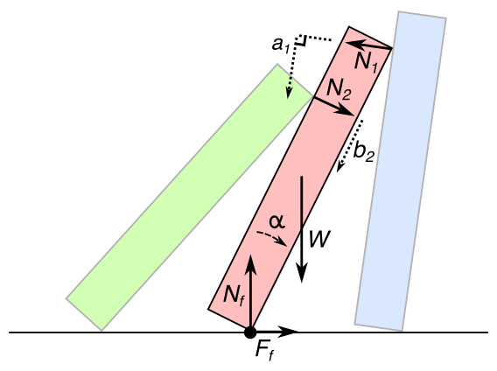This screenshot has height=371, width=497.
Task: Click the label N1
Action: coord(367,62)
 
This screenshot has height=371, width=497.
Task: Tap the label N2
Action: coord(339,89)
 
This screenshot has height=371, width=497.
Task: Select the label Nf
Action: coord(234,296)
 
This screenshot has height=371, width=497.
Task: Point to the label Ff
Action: coord(263,351)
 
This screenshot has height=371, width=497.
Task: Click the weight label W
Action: coord(319,239)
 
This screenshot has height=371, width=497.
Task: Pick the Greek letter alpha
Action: coord(276,221)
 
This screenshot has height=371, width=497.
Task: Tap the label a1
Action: coord(281,45)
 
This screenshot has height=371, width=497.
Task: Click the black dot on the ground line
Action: coord(250,332)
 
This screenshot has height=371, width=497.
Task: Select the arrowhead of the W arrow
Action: coord(302,273)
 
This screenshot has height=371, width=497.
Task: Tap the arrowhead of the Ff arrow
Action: coord(289,332)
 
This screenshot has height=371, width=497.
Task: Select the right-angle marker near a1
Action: coord(302,40)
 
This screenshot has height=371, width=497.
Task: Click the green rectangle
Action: coord(190,197)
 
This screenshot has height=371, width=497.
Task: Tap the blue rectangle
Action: coord(401,171)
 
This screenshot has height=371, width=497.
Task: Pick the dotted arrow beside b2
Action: coord(350,146)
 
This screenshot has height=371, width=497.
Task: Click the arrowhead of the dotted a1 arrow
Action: coord(289,92)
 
